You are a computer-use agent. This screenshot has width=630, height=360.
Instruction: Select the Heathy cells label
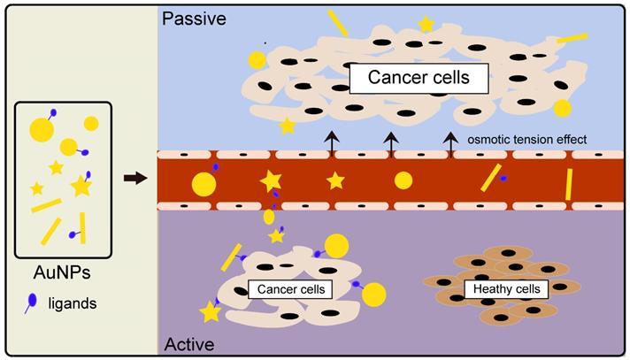point(506,289)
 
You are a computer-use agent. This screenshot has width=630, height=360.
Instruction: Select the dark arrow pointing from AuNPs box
point(134,179)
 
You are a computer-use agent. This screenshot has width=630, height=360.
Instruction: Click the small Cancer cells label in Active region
point(289,289)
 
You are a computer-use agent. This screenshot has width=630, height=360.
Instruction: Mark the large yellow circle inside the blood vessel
point(203,184)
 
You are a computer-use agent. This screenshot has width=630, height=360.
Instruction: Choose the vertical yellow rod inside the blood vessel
point(568,184)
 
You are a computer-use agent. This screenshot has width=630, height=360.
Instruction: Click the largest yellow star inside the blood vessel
point(271,180)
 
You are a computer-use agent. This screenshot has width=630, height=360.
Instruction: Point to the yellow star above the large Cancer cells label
point(426,26)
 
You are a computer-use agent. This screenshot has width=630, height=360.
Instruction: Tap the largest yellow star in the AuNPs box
point(81,186)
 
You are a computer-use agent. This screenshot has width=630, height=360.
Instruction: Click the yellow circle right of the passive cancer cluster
point(562,108)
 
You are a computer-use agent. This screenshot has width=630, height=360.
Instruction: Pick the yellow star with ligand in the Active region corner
point(211,310)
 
